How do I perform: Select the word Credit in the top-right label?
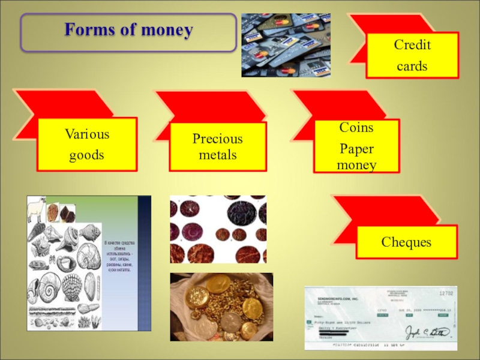pyautogui.click(x=412, y=46)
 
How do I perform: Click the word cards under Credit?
pyautogui.click(x=412, y=66)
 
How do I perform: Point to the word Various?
pyautogui.click(x=86, y=134)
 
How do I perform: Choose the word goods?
pyautogui.click(x=86, y=155)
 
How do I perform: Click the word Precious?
pyautogui.click(x=217, y=139)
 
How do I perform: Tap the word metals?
pyautogui.click(x=217, y=155)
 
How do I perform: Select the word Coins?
pyautogui.click(x=356, y=128)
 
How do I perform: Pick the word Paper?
pyautogui.click(x=356, y=148)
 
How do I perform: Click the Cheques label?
pyautogui.click(x=406, y=242)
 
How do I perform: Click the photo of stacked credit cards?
pyautogui.click(x=286, y=45)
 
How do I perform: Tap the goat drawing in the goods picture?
pyautogui.click(x=37, y=206)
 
